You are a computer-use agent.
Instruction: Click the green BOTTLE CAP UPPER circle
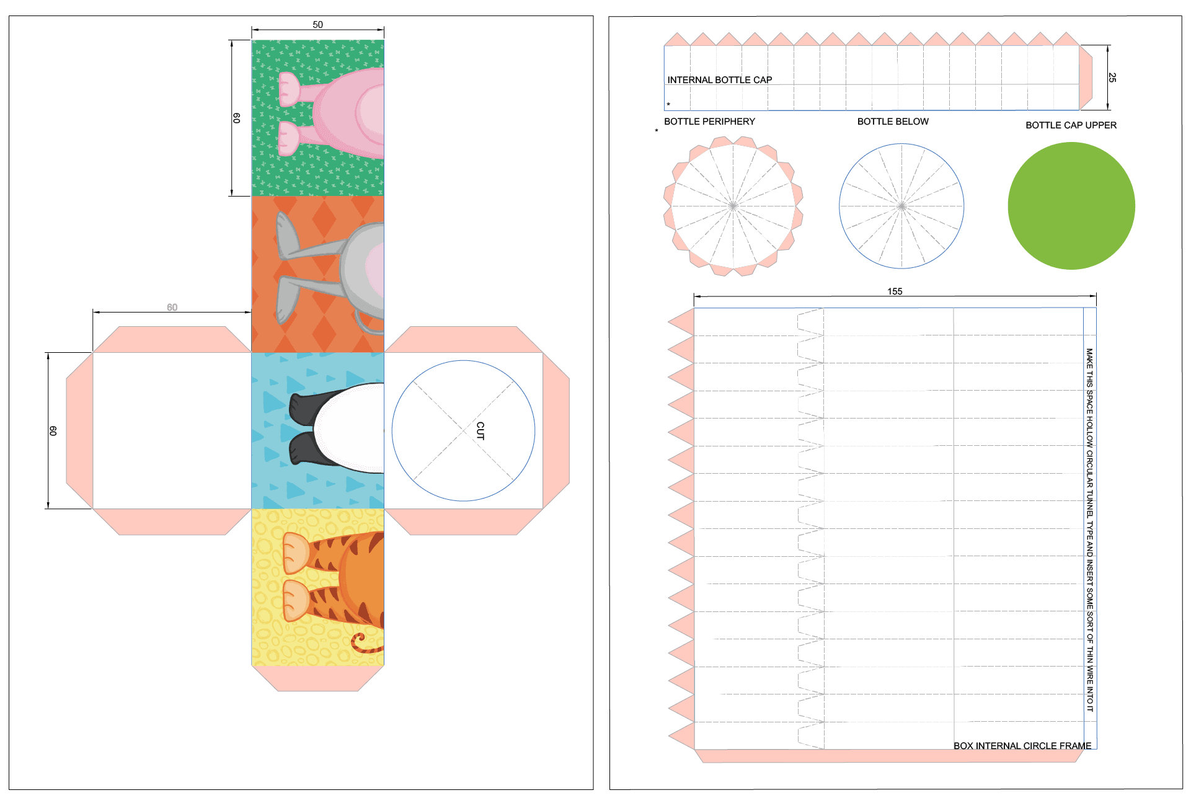[1071, 206]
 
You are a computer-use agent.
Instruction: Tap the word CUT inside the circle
[480, 430]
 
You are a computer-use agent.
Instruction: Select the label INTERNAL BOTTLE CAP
[719, 80]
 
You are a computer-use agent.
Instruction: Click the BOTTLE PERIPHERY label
[709, 122]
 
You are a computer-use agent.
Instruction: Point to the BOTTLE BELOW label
[893, 122]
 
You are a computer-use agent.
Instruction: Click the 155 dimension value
[895, 291]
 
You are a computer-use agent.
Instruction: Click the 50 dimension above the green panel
[317, 25]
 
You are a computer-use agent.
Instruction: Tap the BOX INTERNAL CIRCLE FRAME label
[1022, 745]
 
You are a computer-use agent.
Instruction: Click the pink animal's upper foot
[289, 89]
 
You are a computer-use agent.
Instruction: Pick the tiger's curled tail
[363, 644]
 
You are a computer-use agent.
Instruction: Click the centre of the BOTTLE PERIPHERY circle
[733, 206]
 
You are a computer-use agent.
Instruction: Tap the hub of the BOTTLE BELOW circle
[901, 206]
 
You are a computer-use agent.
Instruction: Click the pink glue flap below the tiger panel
[317, 678]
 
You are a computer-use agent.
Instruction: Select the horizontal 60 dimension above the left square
[172, 308]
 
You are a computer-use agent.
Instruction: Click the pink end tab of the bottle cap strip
[1086, 78]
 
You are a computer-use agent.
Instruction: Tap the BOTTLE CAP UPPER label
[1071, 125]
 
